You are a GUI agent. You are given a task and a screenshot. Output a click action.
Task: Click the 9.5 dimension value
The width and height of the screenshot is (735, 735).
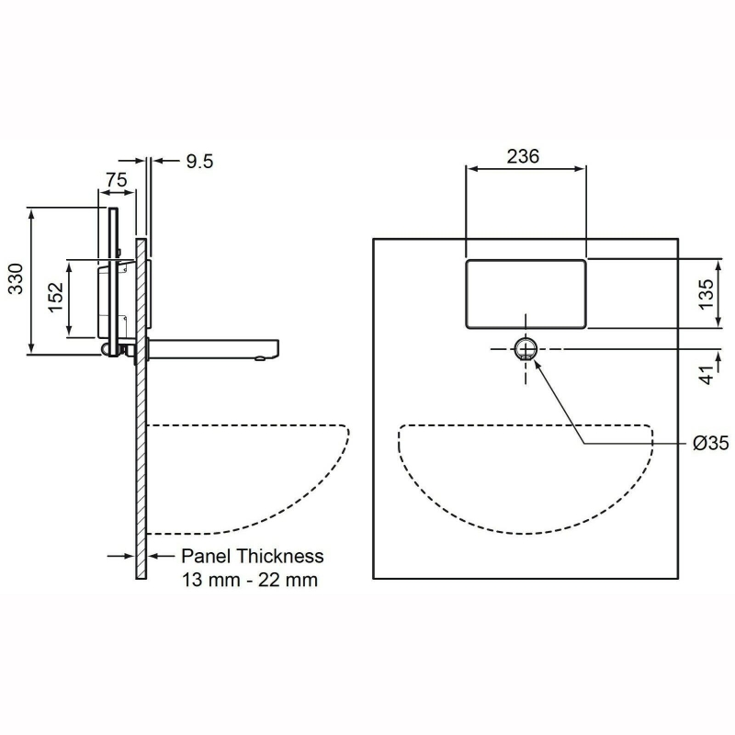click(199, 162)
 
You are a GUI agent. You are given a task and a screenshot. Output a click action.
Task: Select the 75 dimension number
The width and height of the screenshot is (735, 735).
click(116, 181)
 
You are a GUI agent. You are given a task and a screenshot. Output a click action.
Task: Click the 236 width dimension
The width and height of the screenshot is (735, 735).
click(523, 156)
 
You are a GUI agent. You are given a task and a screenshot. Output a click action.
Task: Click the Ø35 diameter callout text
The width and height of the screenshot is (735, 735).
click(710, 443)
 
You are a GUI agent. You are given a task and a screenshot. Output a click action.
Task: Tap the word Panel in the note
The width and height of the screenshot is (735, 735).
click(206, 556)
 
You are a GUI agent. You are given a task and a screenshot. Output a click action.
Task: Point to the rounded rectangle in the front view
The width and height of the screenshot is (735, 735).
click(526, 293)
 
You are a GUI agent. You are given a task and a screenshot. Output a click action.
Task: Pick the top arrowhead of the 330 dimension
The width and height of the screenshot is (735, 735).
click(33, 214)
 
